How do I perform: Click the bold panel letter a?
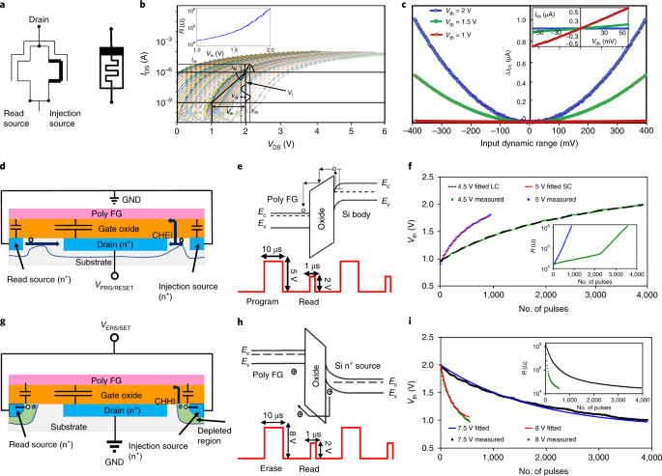(x=5, y=7)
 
